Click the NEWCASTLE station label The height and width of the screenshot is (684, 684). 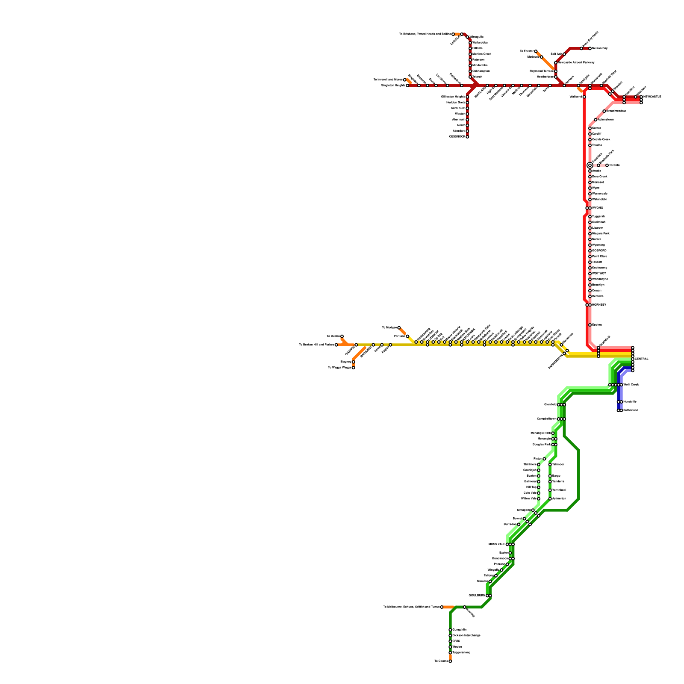tap(652, 97)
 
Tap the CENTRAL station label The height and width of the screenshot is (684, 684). tap(642, 359)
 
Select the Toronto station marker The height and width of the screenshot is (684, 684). tap(607, 165)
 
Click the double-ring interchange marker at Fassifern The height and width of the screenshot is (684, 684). tap(590, 165)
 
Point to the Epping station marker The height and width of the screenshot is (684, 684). tap(590, 325)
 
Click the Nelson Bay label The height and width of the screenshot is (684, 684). tap(600, 48)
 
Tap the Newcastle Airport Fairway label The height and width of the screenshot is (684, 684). tap(576, 62)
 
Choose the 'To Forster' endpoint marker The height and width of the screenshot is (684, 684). tap(536, 51)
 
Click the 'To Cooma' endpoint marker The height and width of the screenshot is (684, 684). tap(450, 661)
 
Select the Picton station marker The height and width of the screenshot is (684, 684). tap(544, 459)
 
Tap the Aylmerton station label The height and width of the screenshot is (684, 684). tap(559, 499)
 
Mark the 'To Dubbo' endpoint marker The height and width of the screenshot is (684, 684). tap(342, 336)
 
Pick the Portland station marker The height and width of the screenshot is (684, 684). tap(407, 336)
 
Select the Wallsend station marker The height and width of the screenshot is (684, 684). tap(584, 97)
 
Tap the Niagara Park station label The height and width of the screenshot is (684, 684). tap(601, 234)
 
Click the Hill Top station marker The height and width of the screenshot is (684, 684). tap(539, 487)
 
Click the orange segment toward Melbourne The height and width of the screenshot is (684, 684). tap(448, 607)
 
